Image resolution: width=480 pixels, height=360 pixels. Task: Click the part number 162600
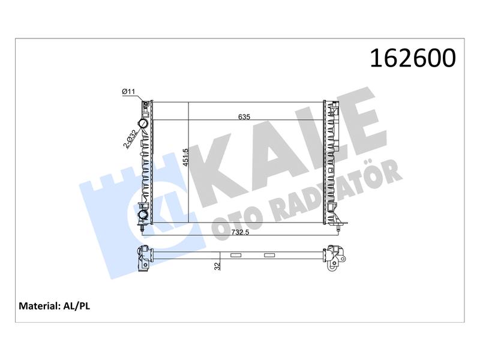pos(413,58)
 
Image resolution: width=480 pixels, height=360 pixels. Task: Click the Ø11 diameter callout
pos(128,91)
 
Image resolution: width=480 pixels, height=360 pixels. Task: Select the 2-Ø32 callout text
pos(130,139)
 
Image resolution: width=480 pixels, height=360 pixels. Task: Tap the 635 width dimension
pos(244,116)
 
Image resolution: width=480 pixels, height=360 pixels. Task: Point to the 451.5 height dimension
pos(185,157)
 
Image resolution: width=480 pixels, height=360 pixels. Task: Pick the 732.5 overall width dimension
pos(240,232)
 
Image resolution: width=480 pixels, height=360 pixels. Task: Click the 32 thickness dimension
pos(217,266)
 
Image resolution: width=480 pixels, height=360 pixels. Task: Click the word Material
pos(39,306)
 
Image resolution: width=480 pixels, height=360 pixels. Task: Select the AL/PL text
pos(77,306)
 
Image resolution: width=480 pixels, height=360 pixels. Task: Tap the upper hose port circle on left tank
pos(143,124)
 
